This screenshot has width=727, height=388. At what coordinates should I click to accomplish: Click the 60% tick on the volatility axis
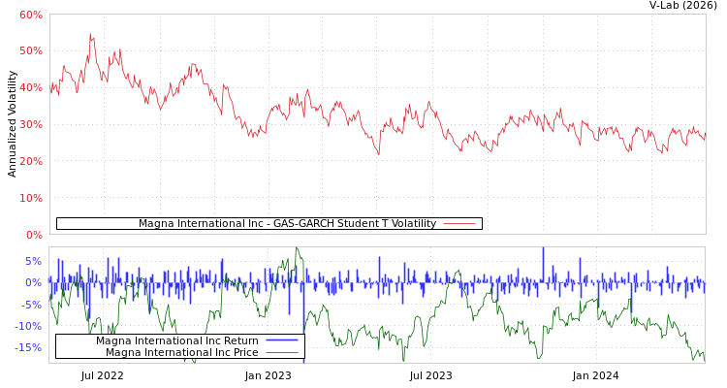click(30, 15)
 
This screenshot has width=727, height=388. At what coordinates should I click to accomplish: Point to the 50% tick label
click(30, 50)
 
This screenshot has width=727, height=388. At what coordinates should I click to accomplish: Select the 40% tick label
click(30, 87)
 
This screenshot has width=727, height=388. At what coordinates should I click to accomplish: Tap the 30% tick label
click(30, 124)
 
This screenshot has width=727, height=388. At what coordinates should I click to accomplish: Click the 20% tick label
click(30, 161)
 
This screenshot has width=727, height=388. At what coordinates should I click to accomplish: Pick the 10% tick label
click(30, 198)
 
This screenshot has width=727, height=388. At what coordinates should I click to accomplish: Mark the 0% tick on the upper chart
click(33, 235)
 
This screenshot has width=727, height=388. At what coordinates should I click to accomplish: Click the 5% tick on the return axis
click(33, 261)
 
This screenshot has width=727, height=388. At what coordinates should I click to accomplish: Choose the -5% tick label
click(31, 305)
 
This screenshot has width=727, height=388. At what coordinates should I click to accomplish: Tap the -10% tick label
click(28, 326)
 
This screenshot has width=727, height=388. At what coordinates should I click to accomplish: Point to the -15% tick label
click(28, 347)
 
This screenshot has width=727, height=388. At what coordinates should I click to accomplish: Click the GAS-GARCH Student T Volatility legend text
click(287, 224)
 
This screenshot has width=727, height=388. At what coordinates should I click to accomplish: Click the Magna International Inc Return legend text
click(176, 341)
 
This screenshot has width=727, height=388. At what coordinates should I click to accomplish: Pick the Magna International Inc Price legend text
click(181, 353)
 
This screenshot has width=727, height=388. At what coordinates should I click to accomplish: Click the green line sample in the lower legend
click(281, 353)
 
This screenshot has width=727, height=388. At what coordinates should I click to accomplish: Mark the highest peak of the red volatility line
click(90, 34)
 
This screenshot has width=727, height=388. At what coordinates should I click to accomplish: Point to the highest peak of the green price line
click(297, 249)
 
